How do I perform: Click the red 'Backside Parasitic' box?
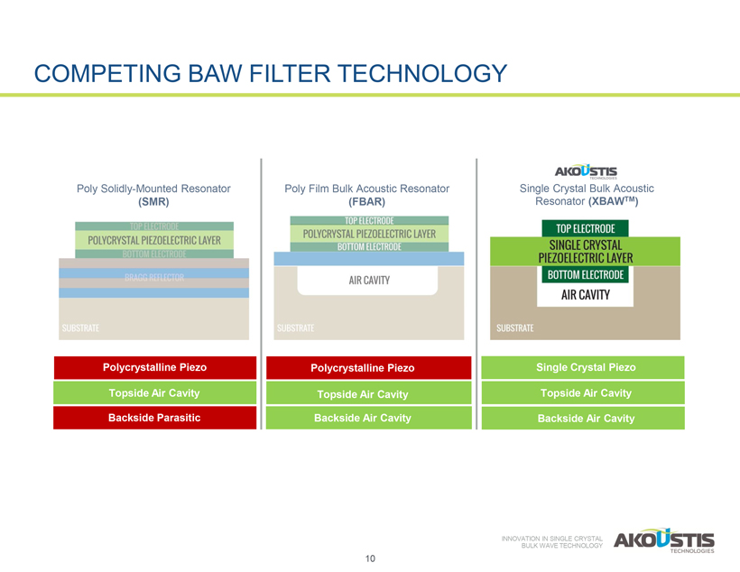coord(154,418)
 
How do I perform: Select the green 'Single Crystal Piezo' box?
coord(586,367)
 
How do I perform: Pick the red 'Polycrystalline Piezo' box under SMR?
coord(154,367)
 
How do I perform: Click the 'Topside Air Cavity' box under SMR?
coord(154,392)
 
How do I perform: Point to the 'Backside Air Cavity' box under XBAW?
coord(586,418)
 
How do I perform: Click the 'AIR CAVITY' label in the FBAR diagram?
coord(369,281)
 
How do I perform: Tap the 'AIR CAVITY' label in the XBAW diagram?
coord(586,294)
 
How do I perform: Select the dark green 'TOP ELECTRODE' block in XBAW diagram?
coord(586,228)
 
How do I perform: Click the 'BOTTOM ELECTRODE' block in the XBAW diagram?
coord(586,274)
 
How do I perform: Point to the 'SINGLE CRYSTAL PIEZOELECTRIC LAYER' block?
coord(586,251)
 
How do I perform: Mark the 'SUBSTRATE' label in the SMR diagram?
coord(80,328)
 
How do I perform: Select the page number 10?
coord(370,558)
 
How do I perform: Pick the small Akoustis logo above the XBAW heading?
coord(586,171)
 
